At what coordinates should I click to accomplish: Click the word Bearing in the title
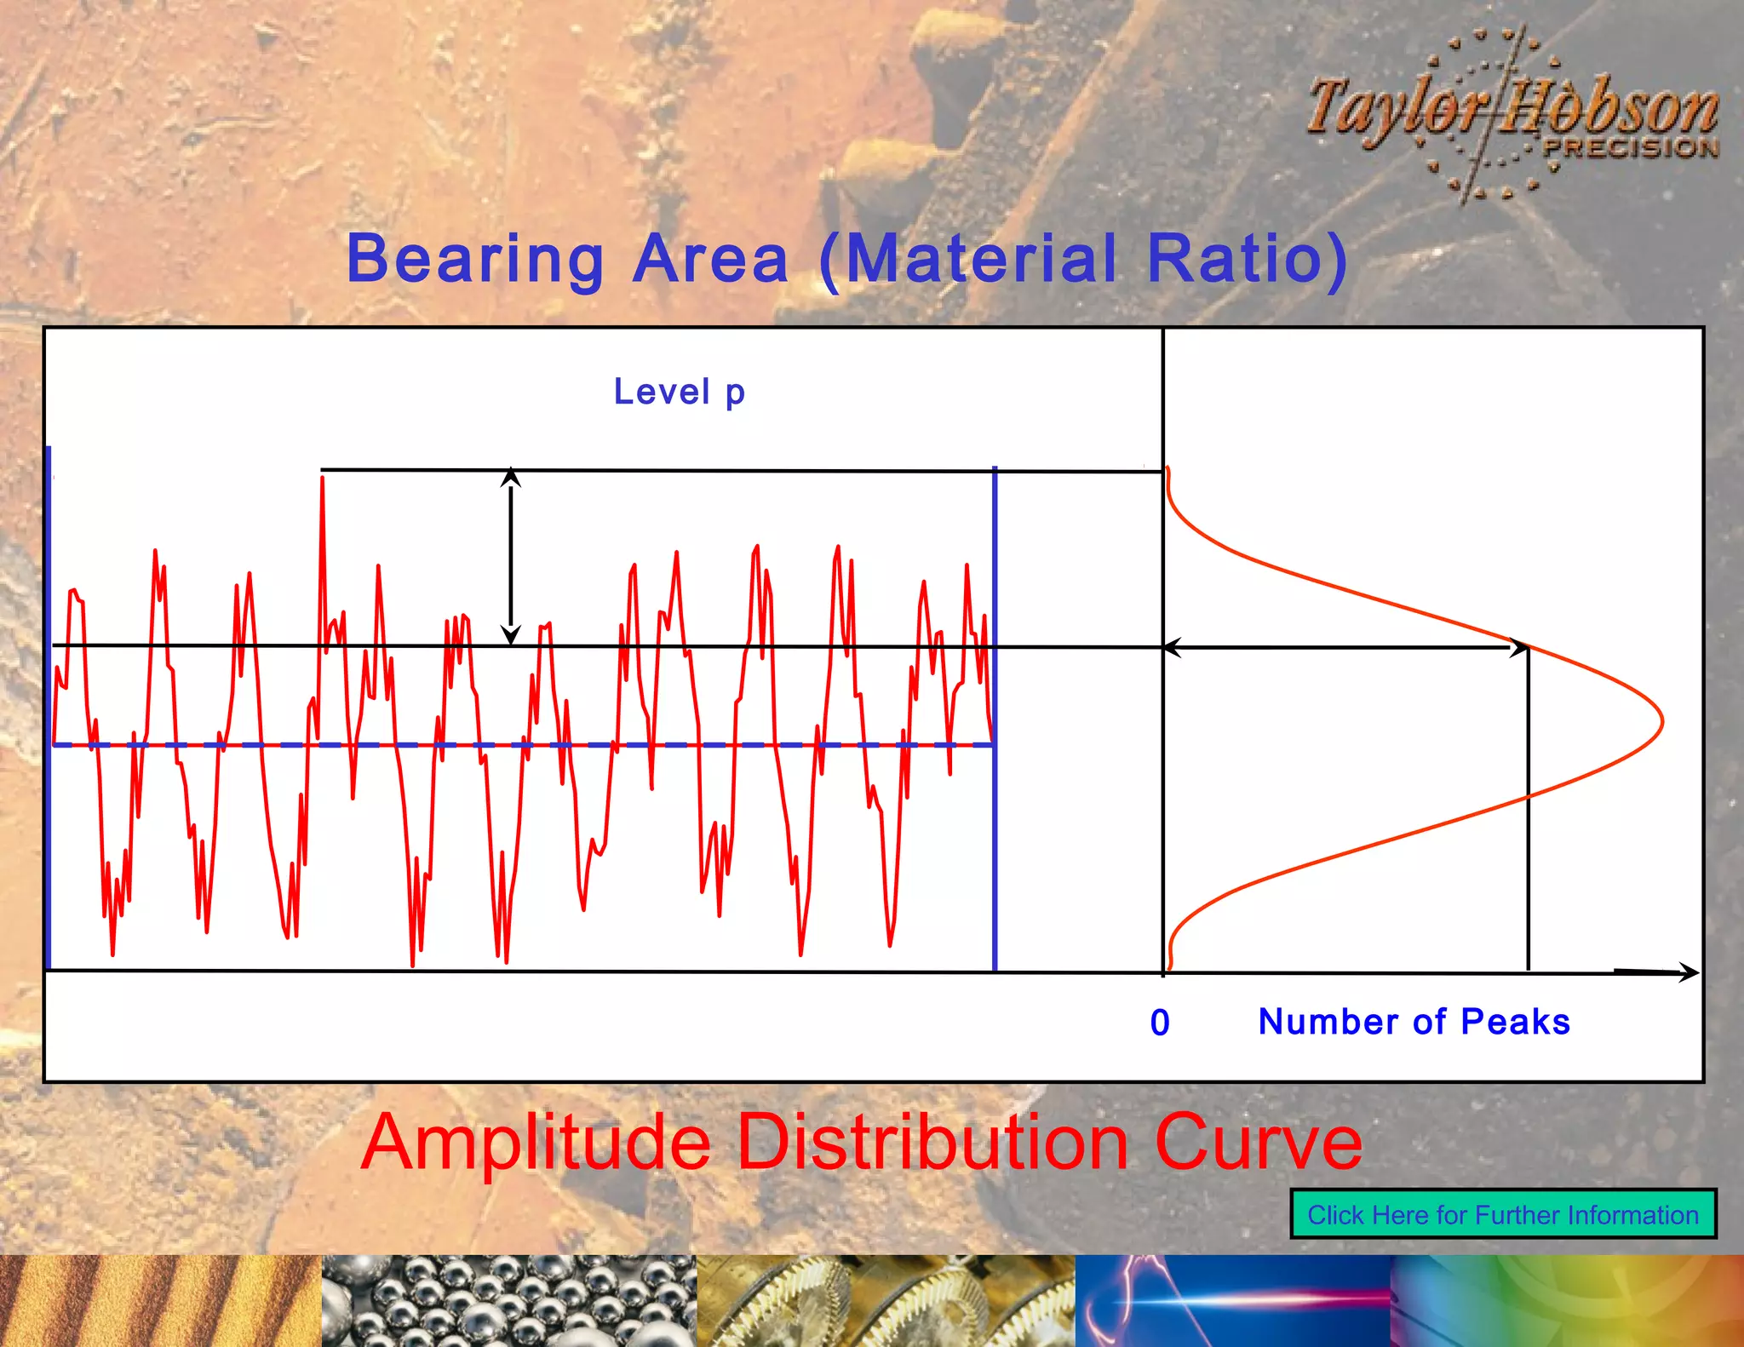(x=475, y=259)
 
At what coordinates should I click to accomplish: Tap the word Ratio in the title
(x=1235, y=259)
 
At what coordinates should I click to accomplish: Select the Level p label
(x=679, y=392)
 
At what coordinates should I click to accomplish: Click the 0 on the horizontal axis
(x=1160, y=1023)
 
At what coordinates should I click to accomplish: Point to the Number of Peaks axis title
(x=1414, y=1022)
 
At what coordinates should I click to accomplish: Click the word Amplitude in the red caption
(x=536, y=1142)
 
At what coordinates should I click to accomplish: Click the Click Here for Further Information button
(x=1503, y=1214)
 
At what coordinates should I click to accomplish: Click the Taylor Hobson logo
(x=1512, y=113)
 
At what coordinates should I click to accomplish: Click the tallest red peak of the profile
(x=322, y=479)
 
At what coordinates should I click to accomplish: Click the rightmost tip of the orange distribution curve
(x=1662, y=722)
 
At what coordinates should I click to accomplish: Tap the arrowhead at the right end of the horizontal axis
(x=1691, y=972)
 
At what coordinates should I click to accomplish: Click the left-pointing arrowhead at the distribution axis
(x=1170, y=648)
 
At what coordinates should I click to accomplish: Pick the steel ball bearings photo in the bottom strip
(x=508, y=1300)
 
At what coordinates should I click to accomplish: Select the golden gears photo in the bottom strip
(x=886, y=1300)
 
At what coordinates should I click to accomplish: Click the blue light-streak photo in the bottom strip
(x=1232, y=1300)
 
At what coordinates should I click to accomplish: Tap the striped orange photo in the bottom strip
(x=160, y=1300)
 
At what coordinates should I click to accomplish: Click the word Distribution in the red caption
(x=932, y=1142)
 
